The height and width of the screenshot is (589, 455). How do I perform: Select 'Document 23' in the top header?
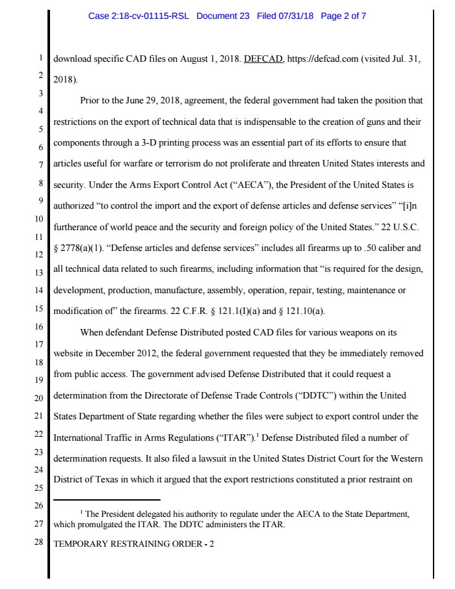(x=222, y=16)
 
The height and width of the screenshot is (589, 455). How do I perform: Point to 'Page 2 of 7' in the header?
(x=343, y=16)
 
